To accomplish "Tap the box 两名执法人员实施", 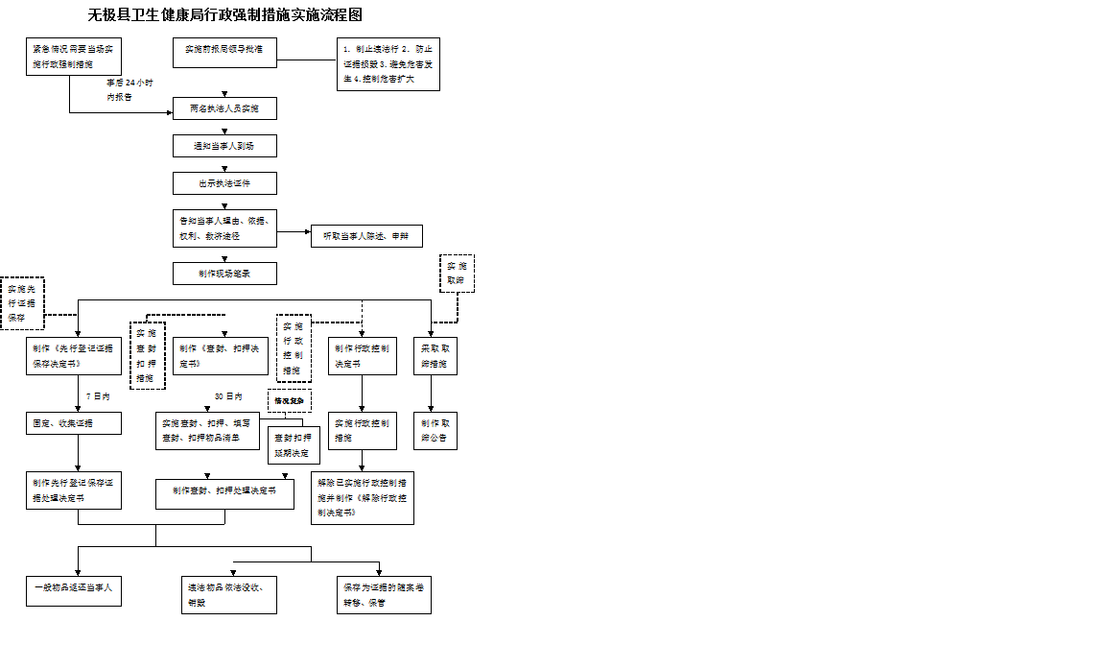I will (224, 108).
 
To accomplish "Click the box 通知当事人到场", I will (224, 146).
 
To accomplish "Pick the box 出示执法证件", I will (224, 182).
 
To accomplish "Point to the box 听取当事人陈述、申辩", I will (366, 236).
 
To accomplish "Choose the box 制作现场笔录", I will (224, 274).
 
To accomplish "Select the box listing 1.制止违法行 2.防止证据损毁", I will (388, 64).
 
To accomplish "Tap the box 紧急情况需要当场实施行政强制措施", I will (75, 56).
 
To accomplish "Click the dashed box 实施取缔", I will (457, 274).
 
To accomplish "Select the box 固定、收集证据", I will (74, 423).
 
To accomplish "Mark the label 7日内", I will (98, 395).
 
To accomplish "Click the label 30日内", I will (228, 395).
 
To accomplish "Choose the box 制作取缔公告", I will (435, 430).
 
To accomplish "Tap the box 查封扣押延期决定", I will (294, 444).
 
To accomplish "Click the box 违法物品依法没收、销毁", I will (229, 595).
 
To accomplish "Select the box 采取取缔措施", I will (435, 356).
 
